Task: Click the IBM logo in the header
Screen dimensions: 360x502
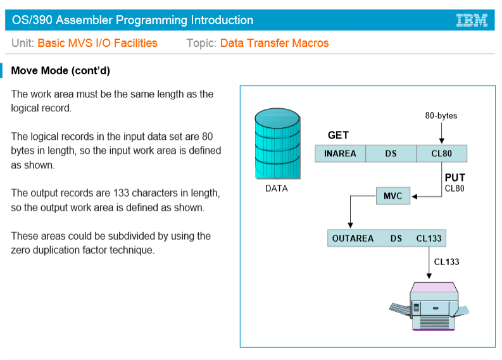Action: pyautogui.click(x=472, y=20)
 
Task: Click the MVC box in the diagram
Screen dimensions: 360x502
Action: pyautogui.click(x=392, y=196)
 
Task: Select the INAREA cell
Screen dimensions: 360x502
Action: pyautogui.click(x=340, y=154)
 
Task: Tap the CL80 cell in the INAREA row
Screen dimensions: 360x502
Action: pyautogui.click(x=441, y=154)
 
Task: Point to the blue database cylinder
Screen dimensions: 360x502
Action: pyautogui.click(x=277, y=145)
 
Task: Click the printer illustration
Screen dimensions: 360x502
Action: pyautogui.click(x=430, y=306)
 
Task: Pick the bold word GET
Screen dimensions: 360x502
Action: pyautogui.click(x=338, y=135)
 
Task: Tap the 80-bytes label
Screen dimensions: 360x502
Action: pyautogui.click(x=441, y=116)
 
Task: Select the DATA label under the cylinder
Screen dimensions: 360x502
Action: pyautogui.click(x=276, y=189)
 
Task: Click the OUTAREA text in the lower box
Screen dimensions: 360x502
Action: pyautogui.click(x=353, y=239)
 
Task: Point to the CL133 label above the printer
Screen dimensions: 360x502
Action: pyautogui.click(x=446, y=262)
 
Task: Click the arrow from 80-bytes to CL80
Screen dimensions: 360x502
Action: pyautogui.click(x=441, y=132)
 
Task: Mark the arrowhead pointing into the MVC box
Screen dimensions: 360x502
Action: pyautogui.click(x=414, y=196)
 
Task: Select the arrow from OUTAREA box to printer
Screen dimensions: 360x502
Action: pyautogui.click(x=429, y=263)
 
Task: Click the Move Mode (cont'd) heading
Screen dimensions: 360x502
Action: pyautogui.click(x=61, y=70)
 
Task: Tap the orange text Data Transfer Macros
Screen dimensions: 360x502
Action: pyautogui.click(x=274, y=43)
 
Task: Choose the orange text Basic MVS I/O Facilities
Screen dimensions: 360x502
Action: pyautogui.click(x=97, y=43)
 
